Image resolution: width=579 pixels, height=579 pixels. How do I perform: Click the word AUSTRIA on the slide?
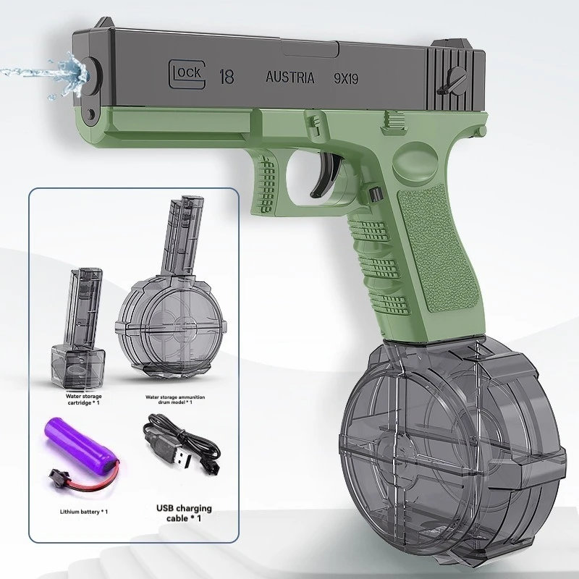coord(290,77)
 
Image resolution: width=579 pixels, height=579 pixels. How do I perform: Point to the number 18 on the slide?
coord(226,76)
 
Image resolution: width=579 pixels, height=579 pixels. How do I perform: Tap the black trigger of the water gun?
coord(323,175)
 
